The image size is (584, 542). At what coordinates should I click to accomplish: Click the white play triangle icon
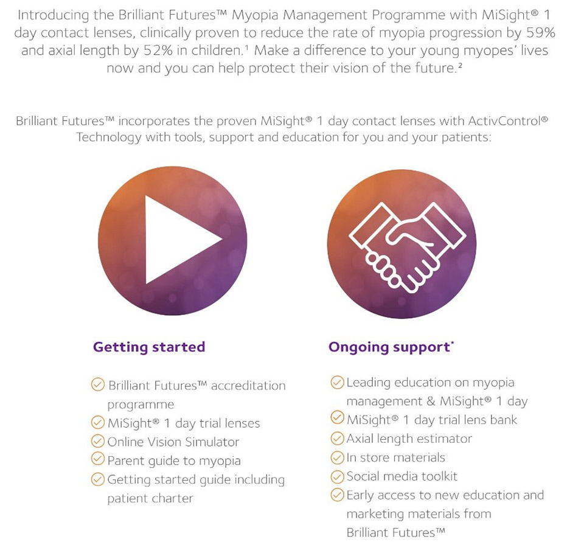click(x=179, y=240)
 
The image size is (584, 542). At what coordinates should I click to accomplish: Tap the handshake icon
click(x=407, y=246)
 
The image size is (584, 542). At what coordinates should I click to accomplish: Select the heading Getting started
click(x=149, y=347)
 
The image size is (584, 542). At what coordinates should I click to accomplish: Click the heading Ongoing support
click(x=389, y=347)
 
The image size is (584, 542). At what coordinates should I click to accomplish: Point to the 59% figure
click(x=541, y=33)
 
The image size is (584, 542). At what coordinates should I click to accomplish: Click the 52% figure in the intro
click(x=158, y=50)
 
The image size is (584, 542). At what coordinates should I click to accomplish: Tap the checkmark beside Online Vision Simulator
click(x=97, y=441)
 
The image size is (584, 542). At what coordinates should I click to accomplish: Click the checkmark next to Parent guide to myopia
click(x=97, y=459)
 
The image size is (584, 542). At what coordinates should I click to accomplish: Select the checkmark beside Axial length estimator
click(x=337, y=438)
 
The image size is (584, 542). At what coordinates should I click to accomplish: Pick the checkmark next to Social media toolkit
click(x=337, y=476)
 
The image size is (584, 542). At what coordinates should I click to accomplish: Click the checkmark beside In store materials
click(x=337, y=457)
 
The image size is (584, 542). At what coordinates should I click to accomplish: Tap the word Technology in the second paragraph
click(x=109, y=137)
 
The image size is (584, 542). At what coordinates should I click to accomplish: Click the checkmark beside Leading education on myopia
click(x=337, y=382)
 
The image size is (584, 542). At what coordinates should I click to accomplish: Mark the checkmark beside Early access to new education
click(x=337, y=495)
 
